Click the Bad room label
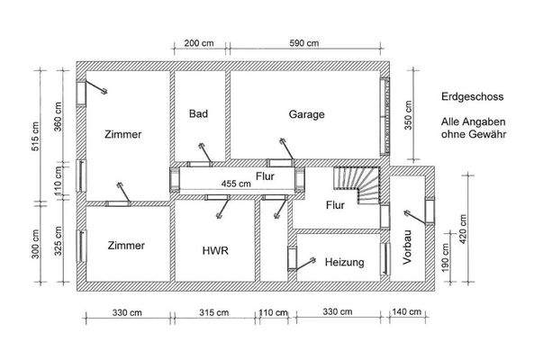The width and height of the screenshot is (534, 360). coord(199,114)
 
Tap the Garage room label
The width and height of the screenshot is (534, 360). coord(306,114)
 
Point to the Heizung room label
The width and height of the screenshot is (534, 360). coord(344,263)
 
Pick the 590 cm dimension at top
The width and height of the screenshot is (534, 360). coord(305,42)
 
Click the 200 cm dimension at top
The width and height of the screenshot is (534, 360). coord(198,42)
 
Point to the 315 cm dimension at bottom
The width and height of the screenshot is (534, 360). coord(213,312)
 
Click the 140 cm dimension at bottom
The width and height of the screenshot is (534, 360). coord(407,312)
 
